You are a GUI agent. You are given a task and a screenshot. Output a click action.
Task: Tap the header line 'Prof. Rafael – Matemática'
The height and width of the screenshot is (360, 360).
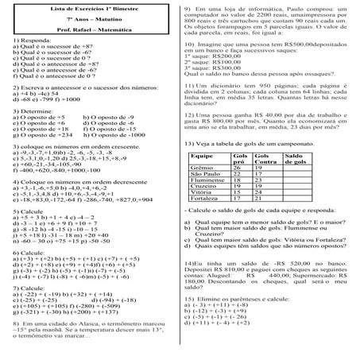(x=88, y=29)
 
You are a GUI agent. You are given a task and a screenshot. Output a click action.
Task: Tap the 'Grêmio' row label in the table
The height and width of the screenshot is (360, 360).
(x=202, y=169)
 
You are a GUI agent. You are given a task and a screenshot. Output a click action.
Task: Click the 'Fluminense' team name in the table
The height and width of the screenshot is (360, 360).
(x=208, y=182)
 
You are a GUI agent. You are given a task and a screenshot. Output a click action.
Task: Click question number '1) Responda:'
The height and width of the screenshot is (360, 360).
(x=33, y=39)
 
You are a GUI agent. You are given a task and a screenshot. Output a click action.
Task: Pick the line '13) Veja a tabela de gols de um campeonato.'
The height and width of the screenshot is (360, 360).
(x=254, y=143)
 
